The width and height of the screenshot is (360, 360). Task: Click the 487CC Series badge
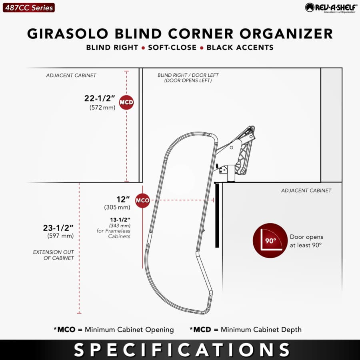29,8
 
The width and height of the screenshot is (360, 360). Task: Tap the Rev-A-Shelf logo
331,8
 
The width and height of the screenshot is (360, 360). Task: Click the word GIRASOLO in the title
68,34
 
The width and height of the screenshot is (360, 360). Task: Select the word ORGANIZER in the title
286,34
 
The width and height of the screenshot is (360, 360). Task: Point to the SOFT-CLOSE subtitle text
172,48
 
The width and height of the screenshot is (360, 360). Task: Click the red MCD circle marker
126,102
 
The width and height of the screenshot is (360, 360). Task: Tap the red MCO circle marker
142,200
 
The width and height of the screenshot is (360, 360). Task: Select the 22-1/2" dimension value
100,98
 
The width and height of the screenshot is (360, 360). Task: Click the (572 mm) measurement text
102,108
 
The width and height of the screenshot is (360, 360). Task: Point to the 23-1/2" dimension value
58,228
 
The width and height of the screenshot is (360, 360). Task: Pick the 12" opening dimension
123,199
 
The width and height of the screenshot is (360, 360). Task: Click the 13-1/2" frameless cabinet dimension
120,220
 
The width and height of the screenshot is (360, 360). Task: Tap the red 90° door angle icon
270,240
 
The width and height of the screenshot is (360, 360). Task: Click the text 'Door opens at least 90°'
306,241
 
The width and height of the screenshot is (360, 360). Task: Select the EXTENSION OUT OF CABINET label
54,255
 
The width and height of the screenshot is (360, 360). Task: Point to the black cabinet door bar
217,215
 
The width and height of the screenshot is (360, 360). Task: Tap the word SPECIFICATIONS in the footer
182,350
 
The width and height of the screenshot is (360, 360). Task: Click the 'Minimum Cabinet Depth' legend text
261,330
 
